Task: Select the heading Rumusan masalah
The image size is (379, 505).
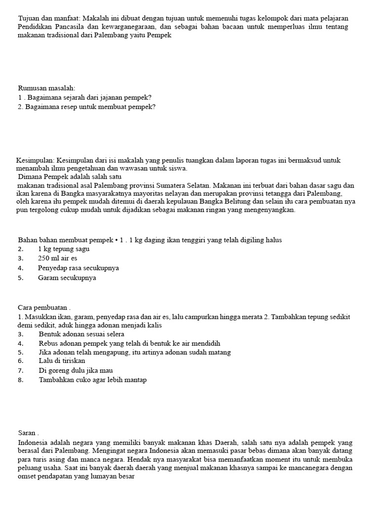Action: tap(46, 88)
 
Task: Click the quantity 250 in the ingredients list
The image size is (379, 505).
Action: tap(45, 258)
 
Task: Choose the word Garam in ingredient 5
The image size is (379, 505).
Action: tap(48, 278)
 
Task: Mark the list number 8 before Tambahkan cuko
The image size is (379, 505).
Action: tap(20, 380)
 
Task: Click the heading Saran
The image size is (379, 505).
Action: tap(27, 433)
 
